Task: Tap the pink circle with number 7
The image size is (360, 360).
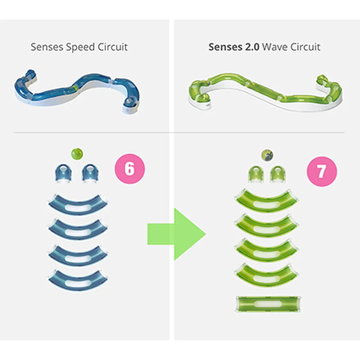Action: [321, 171]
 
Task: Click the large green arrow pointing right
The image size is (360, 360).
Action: [176, 234]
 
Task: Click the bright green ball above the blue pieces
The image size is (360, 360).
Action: [77, 154]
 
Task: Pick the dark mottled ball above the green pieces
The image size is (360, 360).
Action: [267, 156]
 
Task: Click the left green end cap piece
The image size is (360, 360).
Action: [255, 174]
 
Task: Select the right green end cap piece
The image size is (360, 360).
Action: [278, 174]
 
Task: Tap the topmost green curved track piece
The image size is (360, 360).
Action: [267, 201]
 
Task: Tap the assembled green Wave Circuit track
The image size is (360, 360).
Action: [265, 92]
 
